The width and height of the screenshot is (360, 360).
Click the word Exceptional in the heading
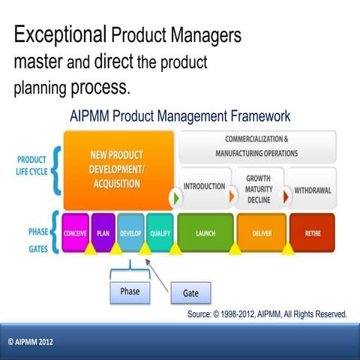(61, 35)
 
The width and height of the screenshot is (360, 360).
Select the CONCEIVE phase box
(75, 232)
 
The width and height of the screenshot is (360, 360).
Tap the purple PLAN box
(103, 232)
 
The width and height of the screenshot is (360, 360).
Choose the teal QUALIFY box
(159, 232)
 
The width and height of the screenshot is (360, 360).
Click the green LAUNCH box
(205, 232)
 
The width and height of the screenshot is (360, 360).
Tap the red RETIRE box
(313, 232)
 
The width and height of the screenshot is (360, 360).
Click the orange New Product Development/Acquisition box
(118, 170)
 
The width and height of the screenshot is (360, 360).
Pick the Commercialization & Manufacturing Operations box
(256, 146)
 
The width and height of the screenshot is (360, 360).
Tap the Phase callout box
(129, 289)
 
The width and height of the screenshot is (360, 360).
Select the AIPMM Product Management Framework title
(179, 117)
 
